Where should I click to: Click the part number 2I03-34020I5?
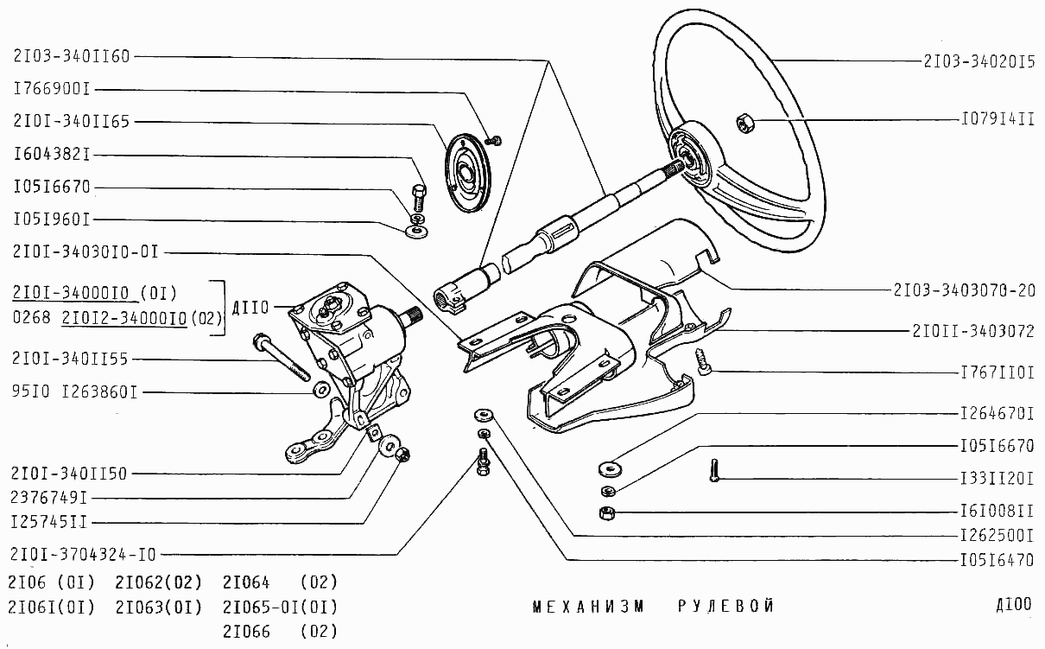(978, 62)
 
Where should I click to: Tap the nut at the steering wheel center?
(744, 123)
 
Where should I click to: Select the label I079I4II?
(997, 119)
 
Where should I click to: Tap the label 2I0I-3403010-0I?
(86, 251)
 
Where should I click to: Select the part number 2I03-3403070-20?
(965, 290)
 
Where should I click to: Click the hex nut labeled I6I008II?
(606, 512)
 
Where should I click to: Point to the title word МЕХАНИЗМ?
(589, 606)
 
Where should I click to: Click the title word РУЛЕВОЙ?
(725, 606)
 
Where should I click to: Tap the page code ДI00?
(1013, 604)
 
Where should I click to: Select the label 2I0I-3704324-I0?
(85, 554)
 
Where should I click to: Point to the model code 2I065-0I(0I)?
(280, 606)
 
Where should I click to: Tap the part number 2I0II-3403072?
(972, 331)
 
